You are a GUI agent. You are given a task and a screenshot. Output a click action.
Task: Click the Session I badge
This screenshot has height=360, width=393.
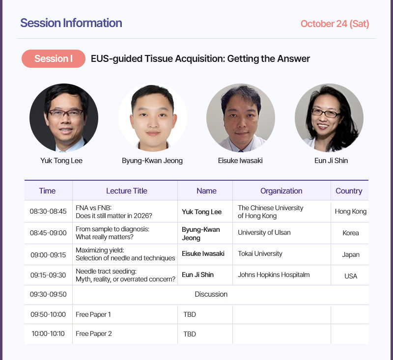(54, 58)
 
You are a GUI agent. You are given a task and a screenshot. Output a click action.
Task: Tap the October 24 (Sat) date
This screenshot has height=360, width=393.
(335, 24)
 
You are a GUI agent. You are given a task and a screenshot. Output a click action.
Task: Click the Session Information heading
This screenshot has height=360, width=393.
(71, 23)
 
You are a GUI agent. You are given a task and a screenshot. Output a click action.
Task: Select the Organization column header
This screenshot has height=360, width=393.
(281, 191)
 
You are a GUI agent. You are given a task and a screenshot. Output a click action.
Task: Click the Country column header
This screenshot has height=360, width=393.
(349, 191)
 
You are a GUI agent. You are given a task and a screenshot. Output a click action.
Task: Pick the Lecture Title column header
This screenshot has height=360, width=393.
(127, 191)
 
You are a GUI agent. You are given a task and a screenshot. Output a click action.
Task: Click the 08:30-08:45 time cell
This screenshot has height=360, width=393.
(48, 212)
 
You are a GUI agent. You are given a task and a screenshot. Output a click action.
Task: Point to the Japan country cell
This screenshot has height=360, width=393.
(351, 255)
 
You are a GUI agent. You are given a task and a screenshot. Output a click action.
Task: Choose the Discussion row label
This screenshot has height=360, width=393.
(211, 294)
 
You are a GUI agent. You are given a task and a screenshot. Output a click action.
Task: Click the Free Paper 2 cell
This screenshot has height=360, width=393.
(94, 333)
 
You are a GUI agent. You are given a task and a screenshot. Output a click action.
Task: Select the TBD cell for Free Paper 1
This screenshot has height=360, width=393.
(190, 314)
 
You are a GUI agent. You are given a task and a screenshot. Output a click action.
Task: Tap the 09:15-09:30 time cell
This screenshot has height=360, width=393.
(48, 275)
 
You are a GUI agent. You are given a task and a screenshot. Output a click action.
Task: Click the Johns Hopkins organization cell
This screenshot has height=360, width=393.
(274, 275)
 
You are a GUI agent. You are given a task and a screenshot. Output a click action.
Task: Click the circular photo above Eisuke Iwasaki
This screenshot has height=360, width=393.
(241, 118)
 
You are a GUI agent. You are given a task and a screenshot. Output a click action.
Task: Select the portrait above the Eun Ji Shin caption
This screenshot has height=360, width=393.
(329, 118)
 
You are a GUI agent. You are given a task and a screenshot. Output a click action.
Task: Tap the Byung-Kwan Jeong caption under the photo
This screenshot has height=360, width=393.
(152, 161)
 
